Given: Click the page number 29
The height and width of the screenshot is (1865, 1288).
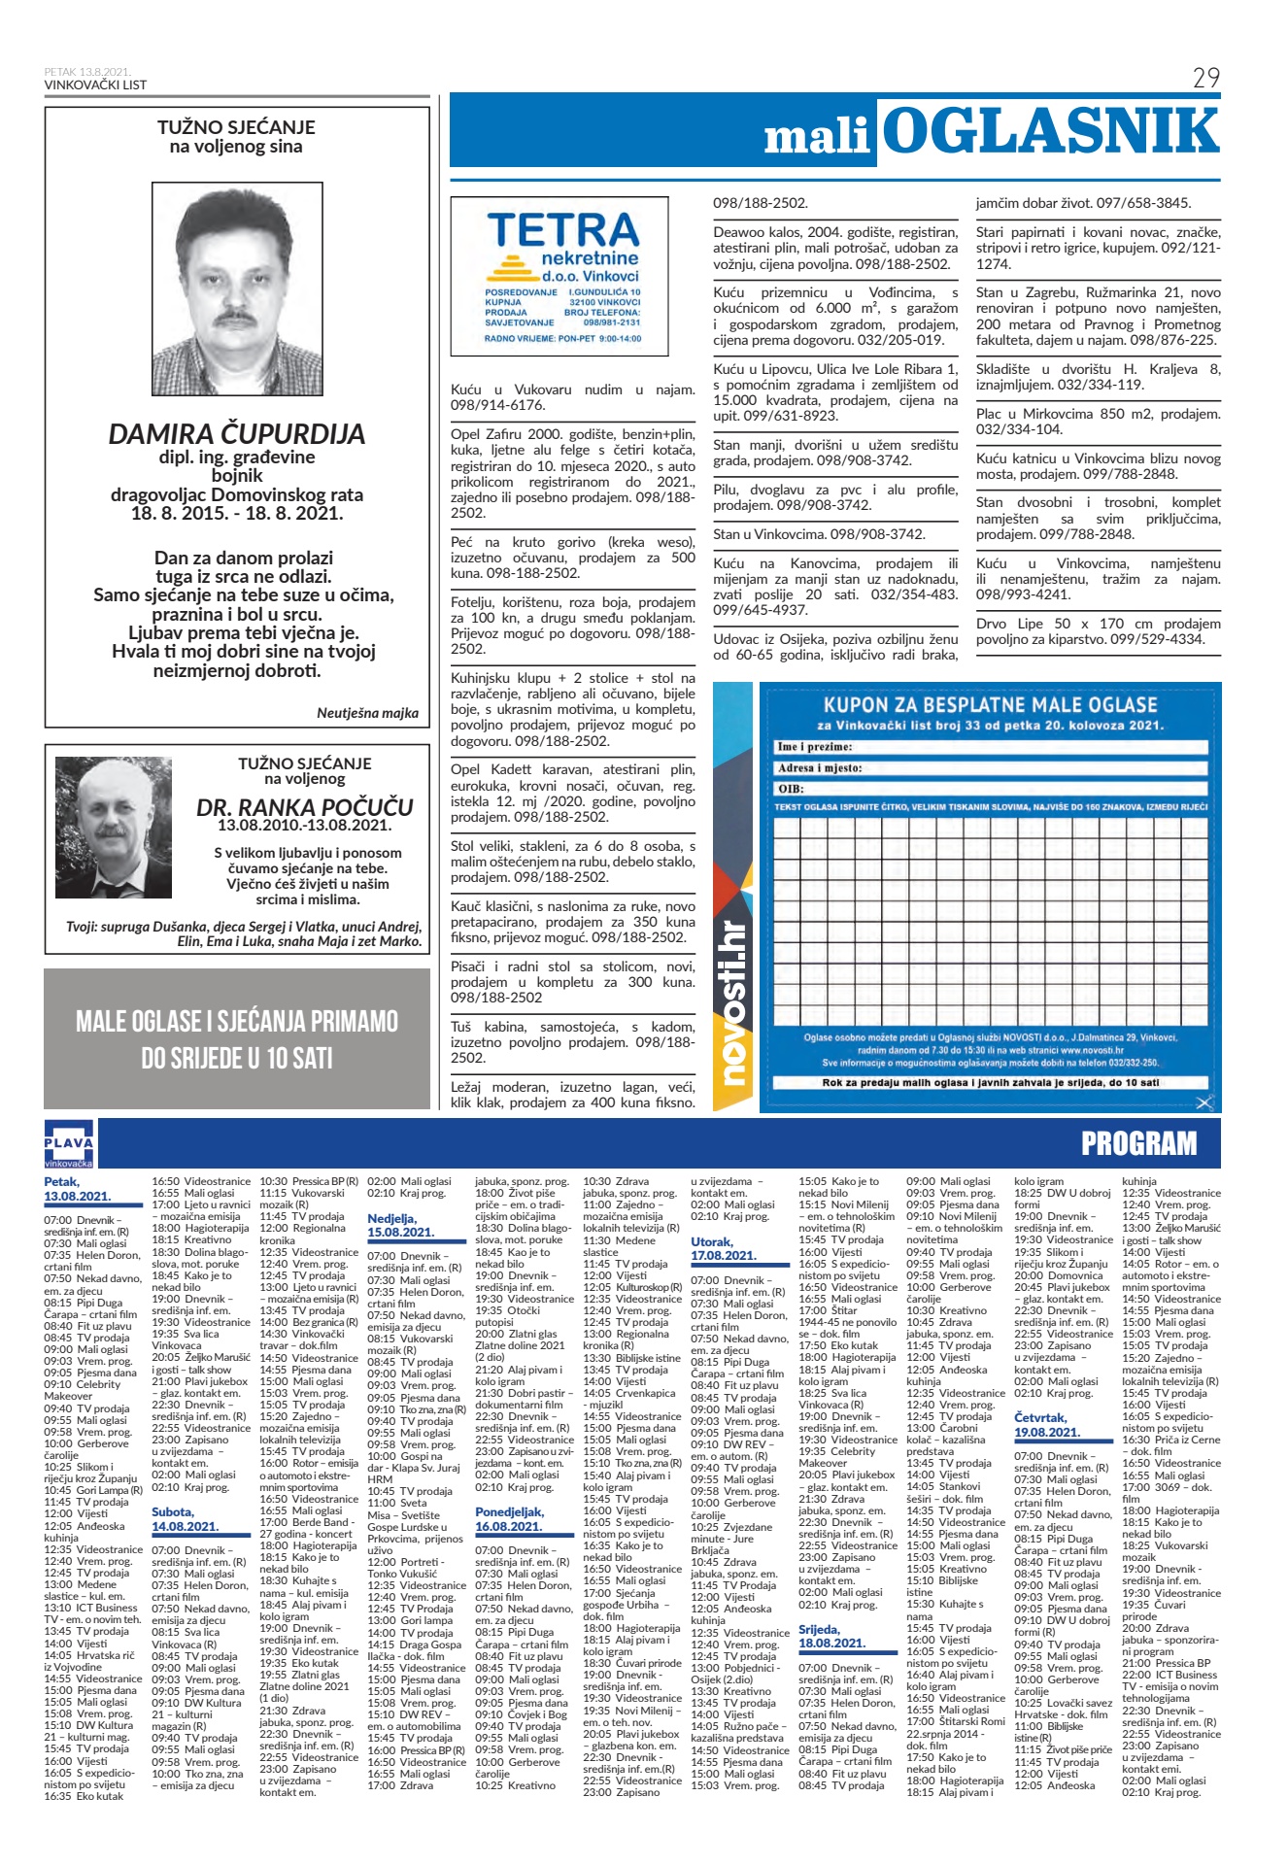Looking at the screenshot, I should tap(1205, 78).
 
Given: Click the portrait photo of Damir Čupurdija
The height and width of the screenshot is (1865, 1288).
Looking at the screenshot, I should tap(237, 288).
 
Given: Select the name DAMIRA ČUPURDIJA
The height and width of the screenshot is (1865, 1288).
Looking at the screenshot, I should tap(237, 434).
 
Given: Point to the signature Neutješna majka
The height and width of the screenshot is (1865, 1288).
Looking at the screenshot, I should tap(367, 713).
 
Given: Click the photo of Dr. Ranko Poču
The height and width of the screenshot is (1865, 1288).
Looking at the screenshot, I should tap(114, 828).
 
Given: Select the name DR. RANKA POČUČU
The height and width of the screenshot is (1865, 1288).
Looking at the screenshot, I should tap(304, 807).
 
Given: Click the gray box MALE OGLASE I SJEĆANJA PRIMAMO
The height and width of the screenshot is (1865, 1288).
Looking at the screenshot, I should tap(237, 1038).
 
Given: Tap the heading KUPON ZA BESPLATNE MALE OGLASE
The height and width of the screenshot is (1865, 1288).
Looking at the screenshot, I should tap(990, 705).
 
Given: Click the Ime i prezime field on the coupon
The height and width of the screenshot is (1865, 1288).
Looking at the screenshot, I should tap(990, 747).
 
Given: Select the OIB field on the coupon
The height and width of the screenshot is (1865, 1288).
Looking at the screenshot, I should tap(990, 789).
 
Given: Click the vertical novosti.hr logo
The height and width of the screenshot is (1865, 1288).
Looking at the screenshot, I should tap(735, 1000).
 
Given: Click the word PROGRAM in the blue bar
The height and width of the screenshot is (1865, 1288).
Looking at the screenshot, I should tap(1138, 1144).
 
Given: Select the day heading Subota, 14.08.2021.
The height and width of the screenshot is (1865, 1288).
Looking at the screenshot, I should tap(186, 1519).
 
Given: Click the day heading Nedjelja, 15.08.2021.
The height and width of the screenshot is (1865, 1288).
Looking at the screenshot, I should tap(400, 1225).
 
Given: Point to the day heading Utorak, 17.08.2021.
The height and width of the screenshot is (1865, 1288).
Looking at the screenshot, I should tap(724, 1248).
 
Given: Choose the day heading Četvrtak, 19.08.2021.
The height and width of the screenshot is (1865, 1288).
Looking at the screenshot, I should tap(1047, 1425).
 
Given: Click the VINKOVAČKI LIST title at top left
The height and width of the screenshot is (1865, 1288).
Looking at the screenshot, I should tap(95, 85).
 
